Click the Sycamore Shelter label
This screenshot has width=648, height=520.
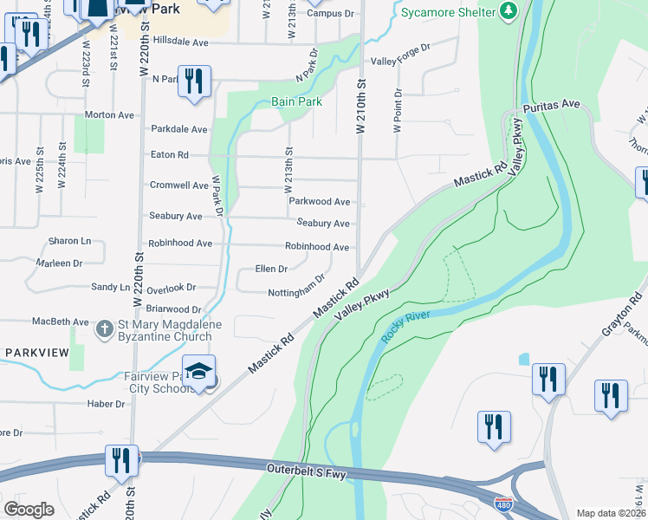click(449, 12)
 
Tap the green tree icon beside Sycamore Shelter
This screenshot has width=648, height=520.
click(510, 11)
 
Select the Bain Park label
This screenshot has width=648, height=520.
click(296, 101)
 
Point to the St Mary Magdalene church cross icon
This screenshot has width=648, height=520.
click(104, 328)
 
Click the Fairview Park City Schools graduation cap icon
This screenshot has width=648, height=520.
click(198, 370)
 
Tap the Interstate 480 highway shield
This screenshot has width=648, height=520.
click(502, 503)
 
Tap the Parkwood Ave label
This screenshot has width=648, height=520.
click(319, 202)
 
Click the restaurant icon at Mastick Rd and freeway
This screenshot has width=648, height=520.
click(121, 460)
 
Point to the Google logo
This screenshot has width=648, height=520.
click(29, 510)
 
